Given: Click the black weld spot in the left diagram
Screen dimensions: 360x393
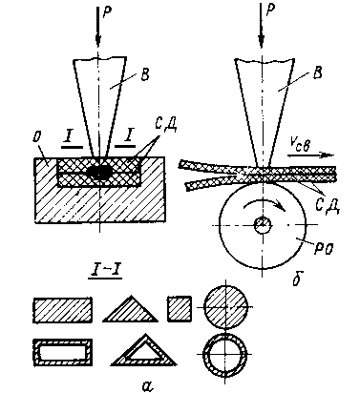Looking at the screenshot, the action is click(100, 173).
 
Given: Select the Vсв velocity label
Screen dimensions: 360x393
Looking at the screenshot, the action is click(299, 146).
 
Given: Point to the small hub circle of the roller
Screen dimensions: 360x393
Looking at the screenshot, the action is click(263, 225).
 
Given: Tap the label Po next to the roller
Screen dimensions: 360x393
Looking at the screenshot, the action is click(324, 247).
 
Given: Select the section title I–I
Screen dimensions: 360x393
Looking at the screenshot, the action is click(105, 272).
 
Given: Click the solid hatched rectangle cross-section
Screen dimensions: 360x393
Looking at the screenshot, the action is click(63, 310).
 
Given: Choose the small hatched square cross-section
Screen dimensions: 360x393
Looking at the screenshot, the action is click(180, 308).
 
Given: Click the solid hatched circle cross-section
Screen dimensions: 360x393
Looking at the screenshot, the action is click(225, 307).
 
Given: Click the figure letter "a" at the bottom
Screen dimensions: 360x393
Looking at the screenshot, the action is click(147, 385).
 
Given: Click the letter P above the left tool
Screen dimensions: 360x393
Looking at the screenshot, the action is click(108, 11).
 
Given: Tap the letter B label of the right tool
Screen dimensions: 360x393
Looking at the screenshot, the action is click(316, 72).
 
